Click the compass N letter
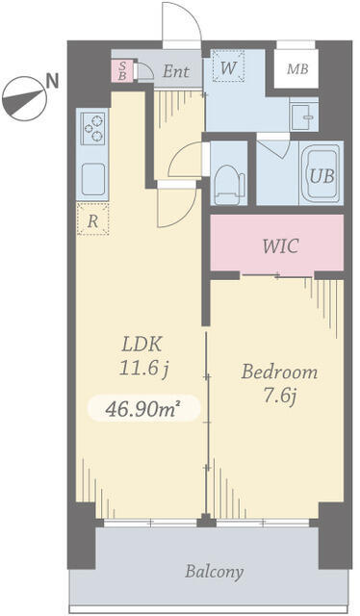click(x=52, y=81)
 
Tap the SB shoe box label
click(x=122, y=70)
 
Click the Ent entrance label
click(x=176, y=71)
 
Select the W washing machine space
click(x=228, y=65)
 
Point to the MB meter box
click(x=296, y=69)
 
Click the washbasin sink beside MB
click(x=304, y=115)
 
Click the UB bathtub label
click(x=321, y=175)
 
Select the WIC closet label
click(x=280, y=246)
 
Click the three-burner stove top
click(x=93, y=128)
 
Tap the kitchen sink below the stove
click(x=93, y=180)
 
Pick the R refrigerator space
click(x=92, y=219)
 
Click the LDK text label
click(x=141, y=345)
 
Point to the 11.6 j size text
click(x=143, y=369)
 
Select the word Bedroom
click(x=279, y=372)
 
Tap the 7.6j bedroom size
click(x=279, y=396)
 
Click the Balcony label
click(x=215, y=572)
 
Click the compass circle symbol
click(x=23, y=98)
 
